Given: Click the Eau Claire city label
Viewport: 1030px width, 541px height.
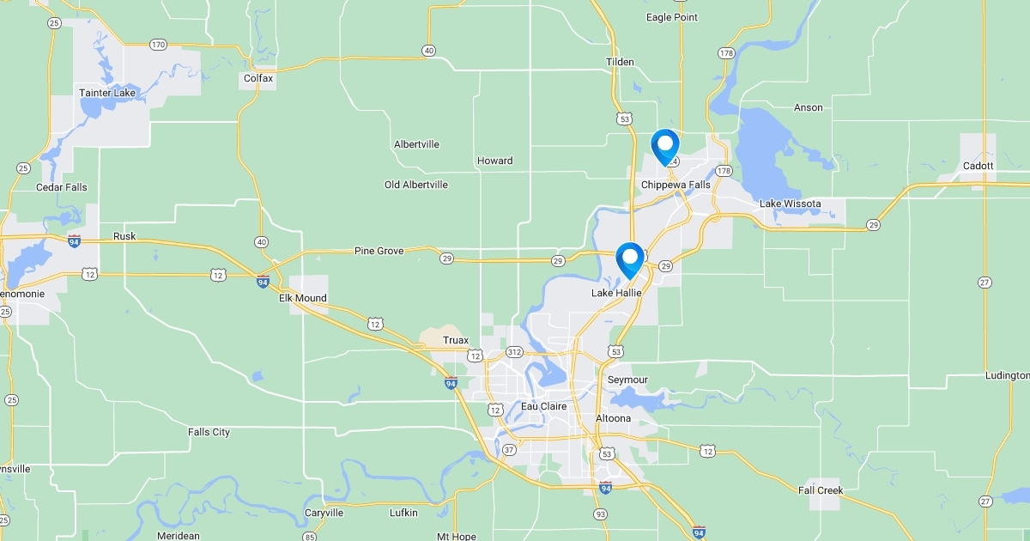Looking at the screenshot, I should tap(543, 406).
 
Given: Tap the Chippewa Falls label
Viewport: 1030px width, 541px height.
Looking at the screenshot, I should tap(676, 185).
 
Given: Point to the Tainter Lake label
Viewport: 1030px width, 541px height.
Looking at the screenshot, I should tap(107, 93).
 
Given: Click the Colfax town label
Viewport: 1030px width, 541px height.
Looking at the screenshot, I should tap(258, 78).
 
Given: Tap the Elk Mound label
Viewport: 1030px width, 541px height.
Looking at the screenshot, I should tap(303, 298).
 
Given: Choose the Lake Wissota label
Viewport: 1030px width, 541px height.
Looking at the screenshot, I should tap(790, 204).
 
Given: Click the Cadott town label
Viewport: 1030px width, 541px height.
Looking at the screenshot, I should tap(978, 166).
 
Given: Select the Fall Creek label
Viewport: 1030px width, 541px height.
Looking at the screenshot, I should tap(821, 490).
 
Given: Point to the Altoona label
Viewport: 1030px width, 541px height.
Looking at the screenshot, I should tap(613, 418).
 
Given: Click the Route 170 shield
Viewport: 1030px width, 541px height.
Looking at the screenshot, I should tap(158, 44).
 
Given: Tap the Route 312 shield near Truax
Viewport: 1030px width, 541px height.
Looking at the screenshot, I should tap(514, 352).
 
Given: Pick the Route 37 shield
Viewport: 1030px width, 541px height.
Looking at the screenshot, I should tap(509, 450).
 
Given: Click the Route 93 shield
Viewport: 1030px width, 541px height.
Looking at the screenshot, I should tap(600, 514).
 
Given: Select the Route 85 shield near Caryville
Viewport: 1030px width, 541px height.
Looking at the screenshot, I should tap(309, 537).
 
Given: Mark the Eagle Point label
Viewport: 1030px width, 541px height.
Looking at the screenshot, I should tap(671, 17).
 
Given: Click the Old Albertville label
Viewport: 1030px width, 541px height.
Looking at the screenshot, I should tap(415, 185).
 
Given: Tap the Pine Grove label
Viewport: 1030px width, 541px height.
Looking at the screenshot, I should tap(378, 251).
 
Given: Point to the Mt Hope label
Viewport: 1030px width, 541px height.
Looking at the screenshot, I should tap(456, 537).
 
